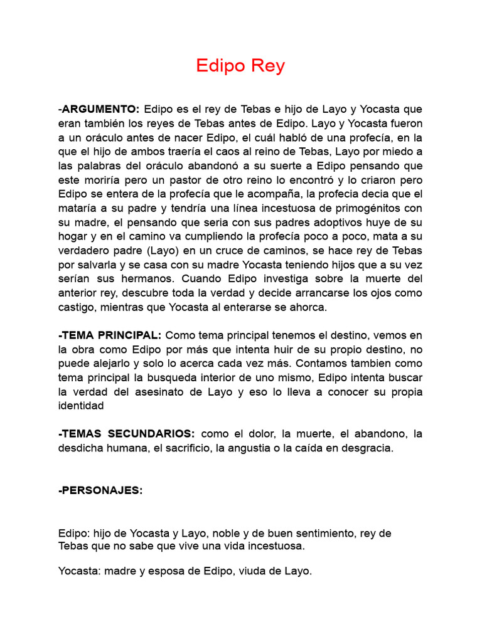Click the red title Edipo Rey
tap(240, 66)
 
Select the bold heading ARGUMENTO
tap(100, 109)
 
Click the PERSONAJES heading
tap(101, 491)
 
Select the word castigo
tap(76, 307)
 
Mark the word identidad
tap(81, 406)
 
